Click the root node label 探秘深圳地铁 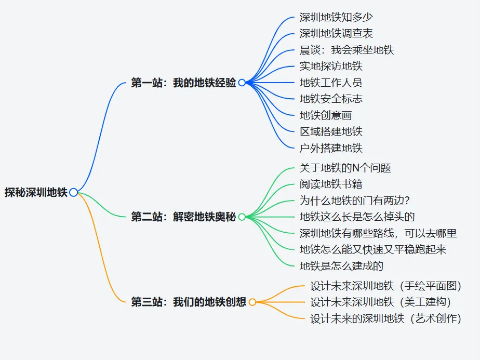(x=36, y=192)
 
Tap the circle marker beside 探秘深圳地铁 (x=73, y=192)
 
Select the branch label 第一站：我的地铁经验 (x=183, y=83)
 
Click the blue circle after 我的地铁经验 (x=242, y=83)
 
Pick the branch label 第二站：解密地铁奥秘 (x=183, y=217)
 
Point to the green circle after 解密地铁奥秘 (x=242, y=217)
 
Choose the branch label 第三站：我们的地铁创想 (x=189, y=302)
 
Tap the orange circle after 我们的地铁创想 (x=252, y=302)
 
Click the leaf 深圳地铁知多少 (x=336, y=17)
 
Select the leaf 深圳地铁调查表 (x=336, y=33)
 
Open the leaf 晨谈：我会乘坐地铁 (x=346, y=50)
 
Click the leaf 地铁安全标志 (x=331, y=99)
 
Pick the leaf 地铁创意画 (x=326, y=115)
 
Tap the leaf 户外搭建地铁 (x=331, y=148)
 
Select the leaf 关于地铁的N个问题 (x=345, y=168)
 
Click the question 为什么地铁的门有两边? (x=355, y=201)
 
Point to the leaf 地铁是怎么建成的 (x=341, y=266)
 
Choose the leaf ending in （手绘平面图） (x=385, y=286)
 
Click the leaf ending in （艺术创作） (x=385, y=318)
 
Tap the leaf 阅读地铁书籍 (x=331, y=184)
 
